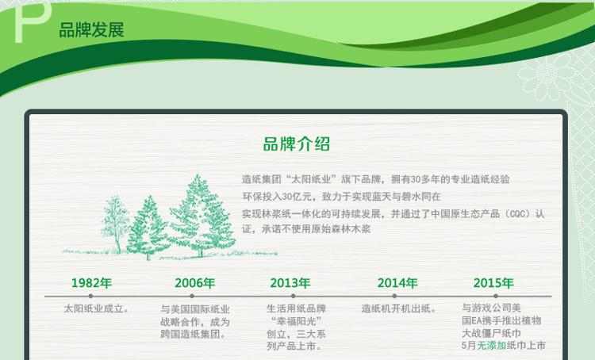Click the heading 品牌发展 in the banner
91,30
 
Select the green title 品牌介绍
297,144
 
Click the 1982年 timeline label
91,283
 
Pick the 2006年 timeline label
194,283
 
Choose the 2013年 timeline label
290,283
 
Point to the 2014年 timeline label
397,283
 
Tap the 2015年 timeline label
493,283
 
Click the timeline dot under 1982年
90,296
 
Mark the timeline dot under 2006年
192,296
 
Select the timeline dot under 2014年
394,296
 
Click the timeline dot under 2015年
496,296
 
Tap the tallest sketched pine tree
201,216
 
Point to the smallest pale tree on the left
115,224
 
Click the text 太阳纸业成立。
96,308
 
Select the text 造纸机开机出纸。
397,308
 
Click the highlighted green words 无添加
491,346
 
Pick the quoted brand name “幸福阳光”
297,321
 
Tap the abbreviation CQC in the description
519,214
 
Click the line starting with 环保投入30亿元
341,197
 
